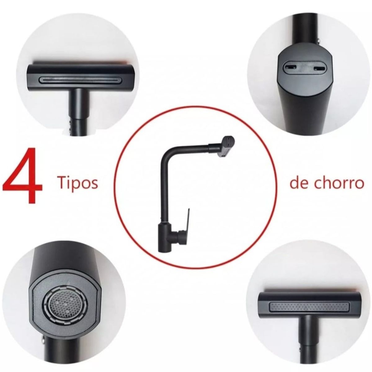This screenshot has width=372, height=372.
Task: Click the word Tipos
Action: [77, 183]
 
